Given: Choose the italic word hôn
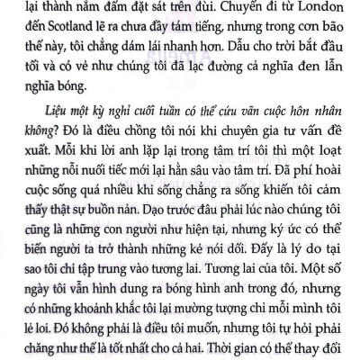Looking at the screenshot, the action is coord(296,123).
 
